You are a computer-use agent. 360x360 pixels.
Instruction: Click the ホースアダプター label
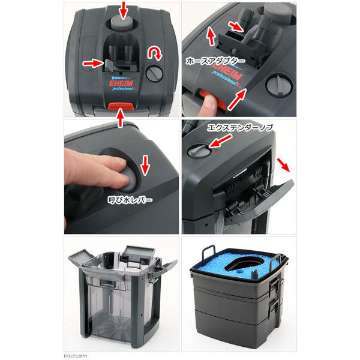215,61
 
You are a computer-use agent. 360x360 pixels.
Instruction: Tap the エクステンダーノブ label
240,128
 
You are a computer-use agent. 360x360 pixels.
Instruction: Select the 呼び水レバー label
130,200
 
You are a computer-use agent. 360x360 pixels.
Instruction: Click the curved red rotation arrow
155,53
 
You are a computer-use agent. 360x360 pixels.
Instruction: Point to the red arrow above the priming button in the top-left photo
124,10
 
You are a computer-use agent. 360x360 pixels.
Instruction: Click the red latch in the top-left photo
121,106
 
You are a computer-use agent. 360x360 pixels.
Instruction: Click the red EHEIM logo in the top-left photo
121,83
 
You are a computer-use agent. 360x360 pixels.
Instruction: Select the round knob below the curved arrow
154,73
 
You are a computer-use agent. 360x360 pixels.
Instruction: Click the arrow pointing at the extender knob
220,140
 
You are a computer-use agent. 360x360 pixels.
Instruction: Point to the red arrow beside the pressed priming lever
145,166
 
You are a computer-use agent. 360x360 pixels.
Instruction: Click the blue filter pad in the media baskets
239,264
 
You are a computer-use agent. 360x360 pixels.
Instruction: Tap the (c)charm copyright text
76,356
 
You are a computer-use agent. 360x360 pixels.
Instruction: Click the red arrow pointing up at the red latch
121,118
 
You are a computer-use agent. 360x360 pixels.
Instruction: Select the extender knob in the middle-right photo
199,151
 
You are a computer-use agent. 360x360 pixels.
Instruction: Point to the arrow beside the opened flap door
284,165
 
